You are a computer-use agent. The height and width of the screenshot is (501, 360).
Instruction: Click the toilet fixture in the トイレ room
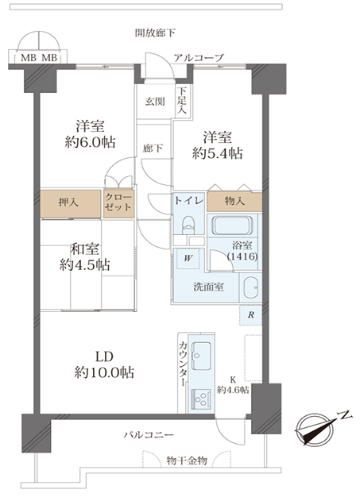(188, 224)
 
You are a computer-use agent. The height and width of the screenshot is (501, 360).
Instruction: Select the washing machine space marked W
(188, 258)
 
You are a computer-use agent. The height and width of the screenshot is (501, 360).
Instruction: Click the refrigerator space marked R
(251, 315)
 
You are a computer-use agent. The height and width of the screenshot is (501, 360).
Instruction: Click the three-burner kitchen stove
(201, 398)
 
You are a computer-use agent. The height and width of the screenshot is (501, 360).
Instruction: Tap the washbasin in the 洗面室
(250, 287)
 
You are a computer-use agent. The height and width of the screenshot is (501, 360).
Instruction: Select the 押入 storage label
(68, 202)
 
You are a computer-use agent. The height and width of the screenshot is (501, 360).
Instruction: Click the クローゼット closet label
(118, 202)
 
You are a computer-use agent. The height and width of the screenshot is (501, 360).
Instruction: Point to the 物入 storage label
(234, 201)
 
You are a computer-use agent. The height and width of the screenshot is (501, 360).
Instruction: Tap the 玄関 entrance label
(155, 102)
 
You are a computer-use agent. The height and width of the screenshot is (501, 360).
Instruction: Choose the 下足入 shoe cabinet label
(182, 100)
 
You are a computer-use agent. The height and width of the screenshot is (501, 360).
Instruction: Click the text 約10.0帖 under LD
(104, 372)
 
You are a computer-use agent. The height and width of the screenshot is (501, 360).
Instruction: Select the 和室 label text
(84, 249)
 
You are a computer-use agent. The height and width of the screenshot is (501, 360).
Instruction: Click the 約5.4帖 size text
(217, 154)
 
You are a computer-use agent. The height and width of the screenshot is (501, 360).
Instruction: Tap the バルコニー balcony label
(149, 435)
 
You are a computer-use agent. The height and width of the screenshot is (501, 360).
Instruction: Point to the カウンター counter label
(184, 364)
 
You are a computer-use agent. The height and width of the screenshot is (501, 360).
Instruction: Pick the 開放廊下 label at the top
(155, 33)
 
